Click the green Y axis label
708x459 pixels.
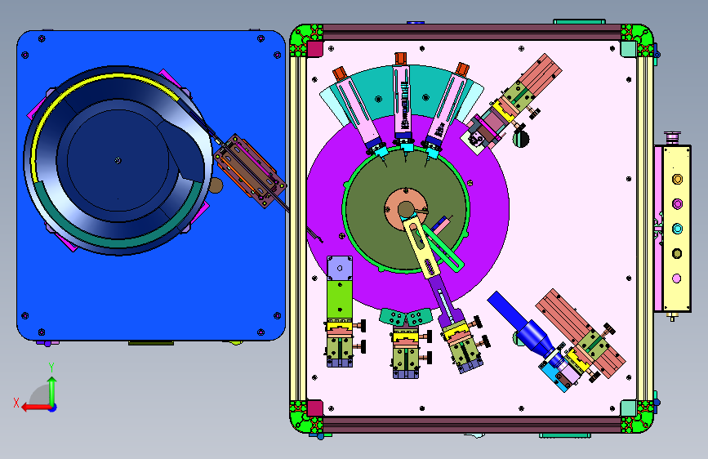(x=52, y=367)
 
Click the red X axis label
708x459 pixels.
(x=16, y=403)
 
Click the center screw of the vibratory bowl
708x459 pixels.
(x=118, y=160)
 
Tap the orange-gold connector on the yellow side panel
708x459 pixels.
(x=677, y=180)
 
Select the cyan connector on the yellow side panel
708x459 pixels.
(x=677, y=229)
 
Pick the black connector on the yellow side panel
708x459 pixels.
(x=677, y=253)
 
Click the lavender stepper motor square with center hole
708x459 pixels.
(x=340, y=269)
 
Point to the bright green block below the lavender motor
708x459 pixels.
(x=340, y=299)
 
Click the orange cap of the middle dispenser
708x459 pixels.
(x=400, y=59)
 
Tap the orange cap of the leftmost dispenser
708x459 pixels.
(x=339, y=74)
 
